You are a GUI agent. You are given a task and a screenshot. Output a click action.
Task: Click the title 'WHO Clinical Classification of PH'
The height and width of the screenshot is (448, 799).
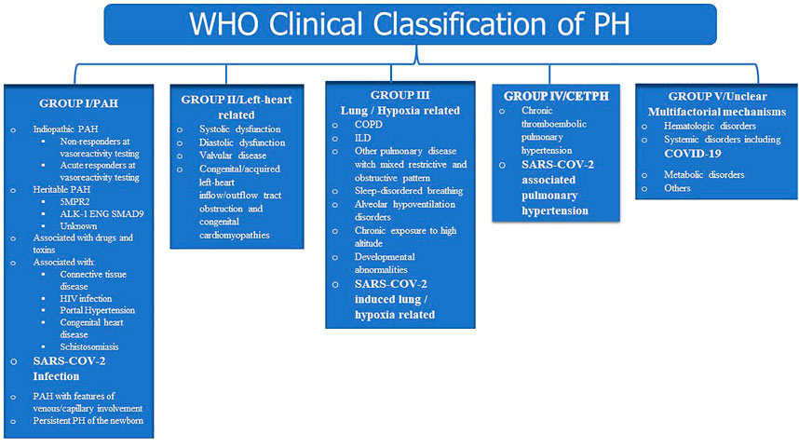tap(410, 23)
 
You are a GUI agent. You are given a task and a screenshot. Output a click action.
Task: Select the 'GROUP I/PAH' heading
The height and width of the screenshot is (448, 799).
tap(78, 103)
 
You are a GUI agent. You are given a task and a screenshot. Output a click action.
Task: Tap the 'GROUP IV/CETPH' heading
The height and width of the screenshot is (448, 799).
tap(556, 96)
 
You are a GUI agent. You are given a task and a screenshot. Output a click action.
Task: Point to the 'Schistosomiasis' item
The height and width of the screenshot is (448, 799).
tap(89, 347)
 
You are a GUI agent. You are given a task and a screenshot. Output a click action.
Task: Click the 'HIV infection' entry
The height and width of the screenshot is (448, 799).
tap(86, 299)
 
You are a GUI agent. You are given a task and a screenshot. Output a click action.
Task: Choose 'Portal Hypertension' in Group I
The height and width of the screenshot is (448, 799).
tap(98, 310)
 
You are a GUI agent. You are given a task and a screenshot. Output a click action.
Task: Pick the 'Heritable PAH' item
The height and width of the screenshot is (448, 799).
tap(61, 190)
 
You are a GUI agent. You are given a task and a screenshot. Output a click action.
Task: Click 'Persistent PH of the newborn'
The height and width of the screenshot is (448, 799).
tap(88, 421)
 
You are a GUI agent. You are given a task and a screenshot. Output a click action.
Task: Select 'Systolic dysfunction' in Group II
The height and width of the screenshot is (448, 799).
tap(240, 129)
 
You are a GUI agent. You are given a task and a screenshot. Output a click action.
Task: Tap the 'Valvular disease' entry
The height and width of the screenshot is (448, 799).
tap(233, 156)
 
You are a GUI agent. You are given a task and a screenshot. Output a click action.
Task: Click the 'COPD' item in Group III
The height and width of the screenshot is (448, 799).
tap(369, 125)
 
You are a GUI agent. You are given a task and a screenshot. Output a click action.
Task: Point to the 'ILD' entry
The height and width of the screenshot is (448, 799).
tap(363, 138)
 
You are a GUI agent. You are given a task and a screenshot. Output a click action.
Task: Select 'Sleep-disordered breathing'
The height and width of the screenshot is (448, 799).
tap(409, 191)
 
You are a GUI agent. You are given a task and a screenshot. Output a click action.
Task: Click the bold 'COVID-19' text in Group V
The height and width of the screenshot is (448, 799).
tap(693, 154)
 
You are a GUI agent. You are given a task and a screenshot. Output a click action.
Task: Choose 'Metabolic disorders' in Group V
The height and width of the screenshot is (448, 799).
tap(704, 175)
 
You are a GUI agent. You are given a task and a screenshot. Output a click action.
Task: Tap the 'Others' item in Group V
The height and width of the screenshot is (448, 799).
tap(677, 188)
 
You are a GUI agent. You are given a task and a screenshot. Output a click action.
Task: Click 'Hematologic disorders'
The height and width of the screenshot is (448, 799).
tap(710, 126)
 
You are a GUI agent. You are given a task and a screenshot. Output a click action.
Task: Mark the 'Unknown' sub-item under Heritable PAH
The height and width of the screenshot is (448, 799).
tap(78, 226)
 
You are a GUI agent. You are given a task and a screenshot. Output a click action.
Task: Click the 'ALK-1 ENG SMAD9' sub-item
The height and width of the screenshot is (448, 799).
tap(102, 214)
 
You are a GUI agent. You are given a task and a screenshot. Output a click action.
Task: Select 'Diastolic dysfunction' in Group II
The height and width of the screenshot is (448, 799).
tap(242, 143)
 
